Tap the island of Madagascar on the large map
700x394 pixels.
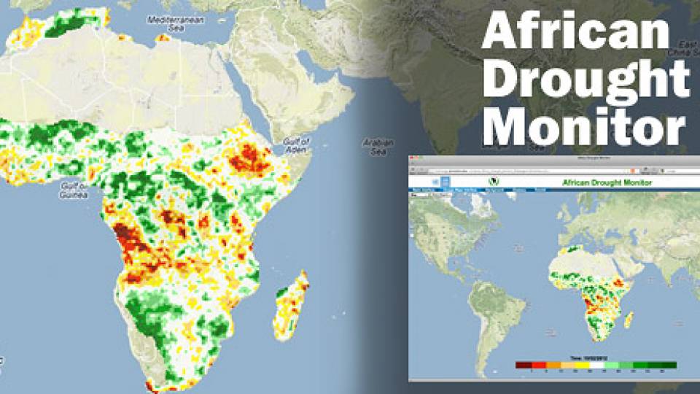click(290, 306)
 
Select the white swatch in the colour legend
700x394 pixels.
click(596, 365)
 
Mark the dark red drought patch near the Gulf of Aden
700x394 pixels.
click(248, 157)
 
